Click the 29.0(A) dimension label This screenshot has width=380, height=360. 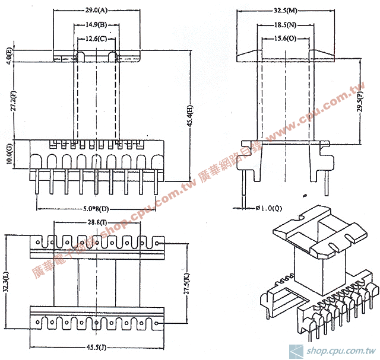coord(96,10)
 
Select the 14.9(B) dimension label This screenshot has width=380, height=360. coord(96,24)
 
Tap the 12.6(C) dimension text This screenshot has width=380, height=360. coord(96,39)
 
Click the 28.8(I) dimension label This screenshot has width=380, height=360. coord(96,222)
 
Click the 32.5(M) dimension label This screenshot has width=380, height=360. coord(286,10)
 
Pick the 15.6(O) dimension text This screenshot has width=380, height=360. coord(286,39)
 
